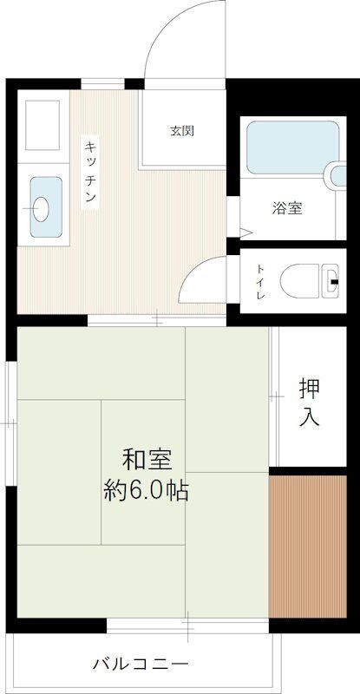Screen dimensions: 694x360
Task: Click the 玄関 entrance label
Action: (x=181, y=132)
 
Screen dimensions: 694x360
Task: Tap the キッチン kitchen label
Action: (x=89, y=171)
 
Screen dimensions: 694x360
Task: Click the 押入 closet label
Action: (x=310, y=402)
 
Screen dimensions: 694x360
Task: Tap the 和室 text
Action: (x=146, y=458)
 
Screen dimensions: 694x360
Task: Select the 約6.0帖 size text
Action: (x=146, y=491)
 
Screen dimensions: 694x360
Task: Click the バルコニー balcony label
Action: (x=140, y=665)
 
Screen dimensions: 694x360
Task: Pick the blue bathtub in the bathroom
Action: (x=291, y=148)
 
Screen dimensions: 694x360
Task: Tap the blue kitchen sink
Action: (x=45, y=206)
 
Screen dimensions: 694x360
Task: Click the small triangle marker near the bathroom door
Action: (x=245, y=232)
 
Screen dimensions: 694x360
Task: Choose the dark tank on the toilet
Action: (x=334, y=280)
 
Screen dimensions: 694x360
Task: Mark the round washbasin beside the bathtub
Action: (x=337, y=175)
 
